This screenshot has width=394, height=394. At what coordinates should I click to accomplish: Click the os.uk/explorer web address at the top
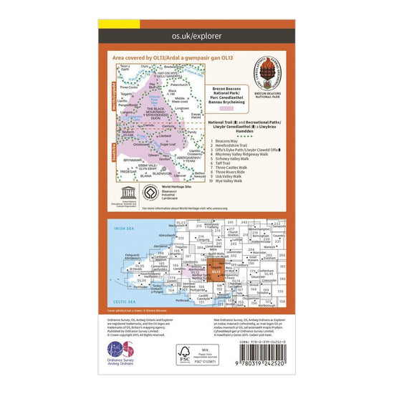pos(196,34)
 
